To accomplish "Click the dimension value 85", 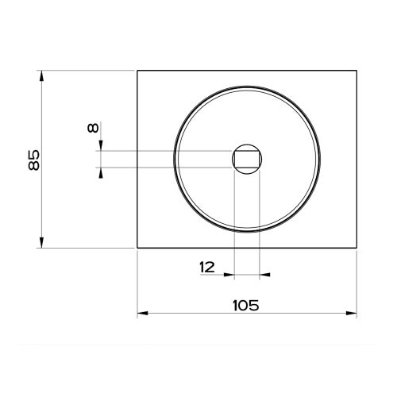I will pyautogui.click(x=33, y=160).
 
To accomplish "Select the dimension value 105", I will pyautogui.click(x=247, y=303).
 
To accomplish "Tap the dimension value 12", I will pyautogui.click(x=206, y=268).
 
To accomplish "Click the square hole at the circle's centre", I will pyautogui.click(x=248, y=159).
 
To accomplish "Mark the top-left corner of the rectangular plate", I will pyautogui.click(x=137, y=71).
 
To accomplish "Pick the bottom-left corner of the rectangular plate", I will pyautogui.click(x=137, y=248).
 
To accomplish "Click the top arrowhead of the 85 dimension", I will pyautogui.click(x=40, y=75).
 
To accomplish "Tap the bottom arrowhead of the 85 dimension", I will pyautogui.click(x=40, y=244).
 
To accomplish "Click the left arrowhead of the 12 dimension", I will pyautogui.click(x=231, y=275).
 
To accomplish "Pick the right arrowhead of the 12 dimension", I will pyautogui.click(x=264, y=275).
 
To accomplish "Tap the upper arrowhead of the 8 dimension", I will pyautogui.click(x=101, y=146).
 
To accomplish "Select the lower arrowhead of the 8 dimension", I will pyautogui.click(x=101, y=172).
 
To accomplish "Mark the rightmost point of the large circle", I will pyautogui.click(x=322, y=159).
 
